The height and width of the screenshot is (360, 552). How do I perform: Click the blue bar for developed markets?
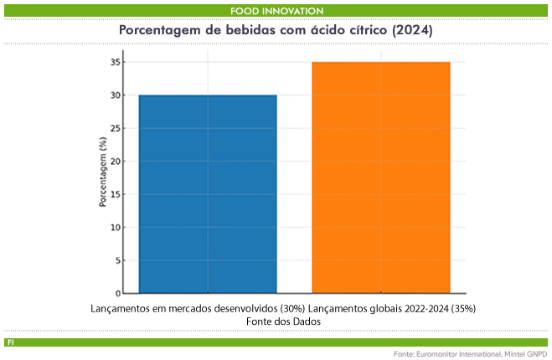[x=208, y=194]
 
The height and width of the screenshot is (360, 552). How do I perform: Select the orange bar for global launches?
[x=381, y=177]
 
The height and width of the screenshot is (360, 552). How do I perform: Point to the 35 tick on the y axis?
[x=114, y=62]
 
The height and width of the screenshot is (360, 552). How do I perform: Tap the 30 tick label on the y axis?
[x=114, y=95]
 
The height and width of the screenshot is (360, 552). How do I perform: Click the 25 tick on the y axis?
[x=114, y=128]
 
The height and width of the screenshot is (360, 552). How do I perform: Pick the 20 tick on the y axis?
[x=114, y=161]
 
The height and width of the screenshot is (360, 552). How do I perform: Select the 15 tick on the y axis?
[x=114, y=194]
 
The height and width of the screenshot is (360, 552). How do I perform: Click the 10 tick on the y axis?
[x=114, y=227]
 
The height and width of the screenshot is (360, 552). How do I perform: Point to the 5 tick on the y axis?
[x=116, y=260]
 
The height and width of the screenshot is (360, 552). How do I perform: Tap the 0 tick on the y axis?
[x=116, y=293]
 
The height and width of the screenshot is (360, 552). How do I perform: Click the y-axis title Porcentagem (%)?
[x=102, y=177]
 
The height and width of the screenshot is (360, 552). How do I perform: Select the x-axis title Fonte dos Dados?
[x=285, y=321]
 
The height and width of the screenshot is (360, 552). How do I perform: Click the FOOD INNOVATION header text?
[x=276, y=10]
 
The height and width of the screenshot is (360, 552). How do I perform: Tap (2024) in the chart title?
[x=412, y=30]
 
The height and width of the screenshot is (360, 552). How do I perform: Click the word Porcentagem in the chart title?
[x=162, y=30]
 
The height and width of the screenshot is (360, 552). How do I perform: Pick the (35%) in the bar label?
[x=462, y=308]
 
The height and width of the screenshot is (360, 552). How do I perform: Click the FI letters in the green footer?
[x=9, y=342]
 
